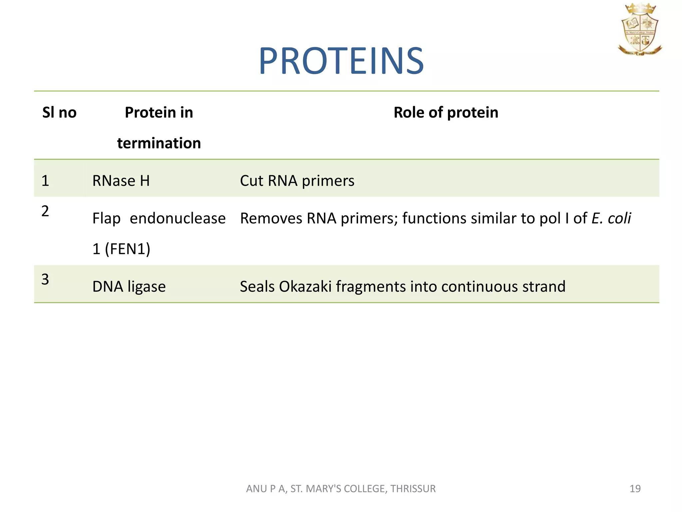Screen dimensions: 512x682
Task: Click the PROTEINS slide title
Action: coord(341,61)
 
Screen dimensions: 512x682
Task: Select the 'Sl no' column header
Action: coord(59,113)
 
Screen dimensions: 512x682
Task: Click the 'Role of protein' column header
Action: coord(446,113)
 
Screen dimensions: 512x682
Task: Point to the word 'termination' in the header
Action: coord(159,143)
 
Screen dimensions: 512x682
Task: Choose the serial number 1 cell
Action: coord(45,181)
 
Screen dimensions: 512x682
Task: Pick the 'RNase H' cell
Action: coord(121,181)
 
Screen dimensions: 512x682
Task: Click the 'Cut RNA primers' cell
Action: coord(297,181)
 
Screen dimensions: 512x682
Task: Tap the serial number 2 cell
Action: coord(45,211)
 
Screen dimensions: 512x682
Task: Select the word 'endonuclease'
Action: coord(177,219)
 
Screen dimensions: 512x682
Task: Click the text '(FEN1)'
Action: coord(128,249)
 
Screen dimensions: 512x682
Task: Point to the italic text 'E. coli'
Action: coord(611,219)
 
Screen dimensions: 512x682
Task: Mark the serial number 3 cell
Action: coord(45,279)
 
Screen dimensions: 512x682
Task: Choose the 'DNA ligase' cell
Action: coord(129,287)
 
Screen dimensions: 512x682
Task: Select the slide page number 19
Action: coord(635,489)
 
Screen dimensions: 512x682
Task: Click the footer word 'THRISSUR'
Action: coord(413,489)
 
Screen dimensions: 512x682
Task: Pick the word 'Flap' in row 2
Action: coord(106,219)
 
